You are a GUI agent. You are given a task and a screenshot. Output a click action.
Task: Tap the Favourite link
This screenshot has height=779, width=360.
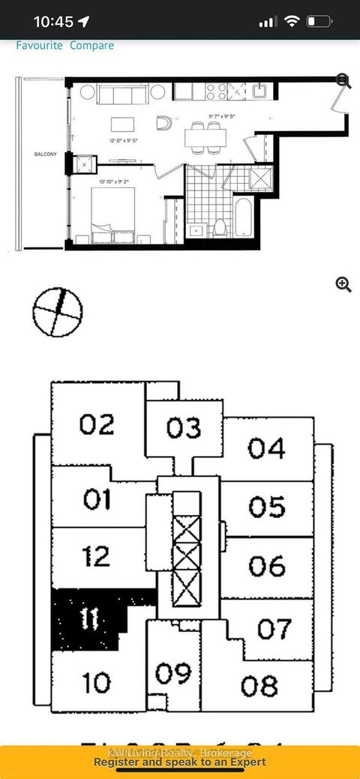40,46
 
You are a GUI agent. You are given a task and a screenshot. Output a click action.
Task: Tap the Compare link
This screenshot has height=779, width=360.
92,46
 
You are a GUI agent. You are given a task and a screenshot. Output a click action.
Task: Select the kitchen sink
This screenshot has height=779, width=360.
259,91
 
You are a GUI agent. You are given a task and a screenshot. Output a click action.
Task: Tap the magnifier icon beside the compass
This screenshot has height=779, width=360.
343,283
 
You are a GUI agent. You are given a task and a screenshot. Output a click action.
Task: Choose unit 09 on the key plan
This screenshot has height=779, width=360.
173,673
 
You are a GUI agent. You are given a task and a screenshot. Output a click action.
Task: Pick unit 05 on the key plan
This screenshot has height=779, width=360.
267,507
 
